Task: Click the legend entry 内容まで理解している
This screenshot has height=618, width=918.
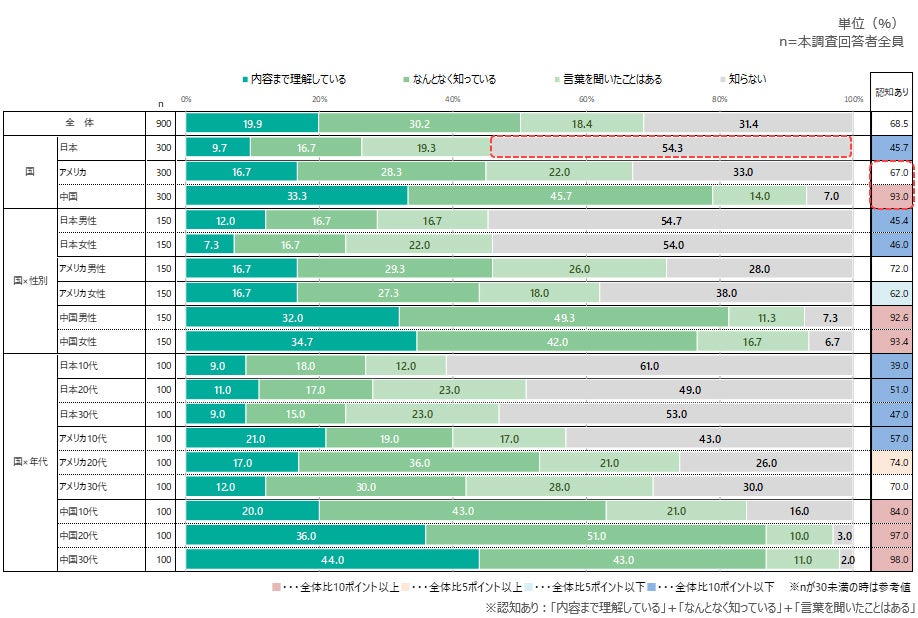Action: [299, 79]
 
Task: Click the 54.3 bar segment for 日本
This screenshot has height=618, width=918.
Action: [671, 147]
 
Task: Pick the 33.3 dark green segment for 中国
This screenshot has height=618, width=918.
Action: [296, 196]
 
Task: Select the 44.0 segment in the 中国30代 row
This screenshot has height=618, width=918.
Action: [332, 559]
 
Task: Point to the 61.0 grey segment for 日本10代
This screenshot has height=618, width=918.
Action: [649, 366]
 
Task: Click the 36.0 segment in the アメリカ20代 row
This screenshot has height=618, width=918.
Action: [419, 462]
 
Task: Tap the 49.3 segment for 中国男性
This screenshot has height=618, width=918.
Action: [564, 317]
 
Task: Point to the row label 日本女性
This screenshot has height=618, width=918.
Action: [82, 245]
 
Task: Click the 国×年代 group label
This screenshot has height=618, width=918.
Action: [30, 462]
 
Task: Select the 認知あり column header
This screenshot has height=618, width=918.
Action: [893, 91]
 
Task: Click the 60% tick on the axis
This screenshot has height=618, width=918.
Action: [587, 99]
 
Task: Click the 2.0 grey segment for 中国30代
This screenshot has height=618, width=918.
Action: [847, 559]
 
